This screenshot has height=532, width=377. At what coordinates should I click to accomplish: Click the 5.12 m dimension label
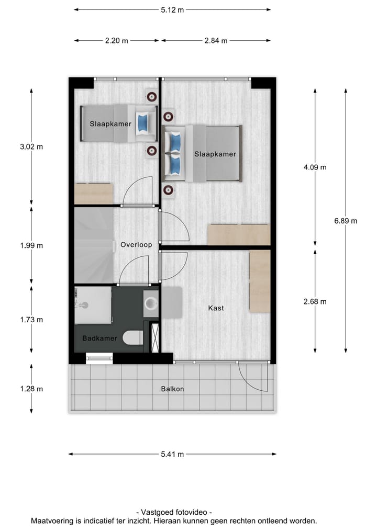[172, 9]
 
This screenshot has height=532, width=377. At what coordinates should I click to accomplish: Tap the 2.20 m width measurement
[117, 41]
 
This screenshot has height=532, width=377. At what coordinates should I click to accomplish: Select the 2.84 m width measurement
[216, 41]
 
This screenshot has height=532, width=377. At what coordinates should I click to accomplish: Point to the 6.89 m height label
[346, 221]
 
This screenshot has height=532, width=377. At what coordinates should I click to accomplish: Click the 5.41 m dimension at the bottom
[173, 454]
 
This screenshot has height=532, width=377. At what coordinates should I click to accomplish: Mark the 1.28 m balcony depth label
[31, 389]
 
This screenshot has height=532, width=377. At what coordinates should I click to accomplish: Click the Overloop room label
[136, 245]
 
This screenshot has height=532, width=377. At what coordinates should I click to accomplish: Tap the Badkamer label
[99, 338]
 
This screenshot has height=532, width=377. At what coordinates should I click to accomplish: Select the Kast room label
[216, 308]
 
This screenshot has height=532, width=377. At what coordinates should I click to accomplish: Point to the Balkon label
[172, 389]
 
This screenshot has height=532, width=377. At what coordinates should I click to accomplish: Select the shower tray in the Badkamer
[93, 305]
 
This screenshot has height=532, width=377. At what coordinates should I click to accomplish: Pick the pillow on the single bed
[142, 122]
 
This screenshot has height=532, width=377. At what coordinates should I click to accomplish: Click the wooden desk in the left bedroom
[94, 194]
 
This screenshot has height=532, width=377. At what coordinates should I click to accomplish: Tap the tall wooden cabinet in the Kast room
[259, 281]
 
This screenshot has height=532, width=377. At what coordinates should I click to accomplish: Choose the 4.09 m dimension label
[315, 167]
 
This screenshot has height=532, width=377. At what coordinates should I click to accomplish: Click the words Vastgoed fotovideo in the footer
[174, 513]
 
